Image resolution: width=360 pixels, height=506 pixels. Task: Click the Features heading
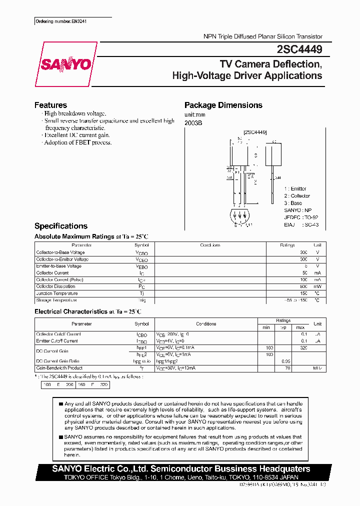pyautogui.click(x=50, y=105)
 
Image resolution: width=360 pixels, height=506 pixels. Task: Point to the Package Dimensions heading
pyautogui.click(x=223, y=105)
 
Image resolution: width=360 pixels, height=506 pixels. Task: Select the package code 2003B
pyautogui.click(x=194, y=122)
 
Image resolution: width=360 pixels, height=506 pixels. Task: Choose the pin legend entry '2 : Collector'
pyautogui.click(x=297, y=196)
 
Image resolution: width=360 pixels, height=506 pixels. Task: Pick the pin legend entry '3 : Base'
pyautogui.click(x=293, y=203)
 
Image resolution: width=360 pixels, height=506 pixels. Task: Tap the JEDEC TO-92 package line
pyautogui.click(x=301, y=217)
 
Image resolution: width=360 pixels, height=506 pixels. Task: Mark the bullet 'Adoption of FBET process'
pyautogui.click(x=78, y=142)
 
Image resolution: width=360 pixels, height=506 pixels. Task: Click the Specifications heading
pyautogui.click(x=61, y=226)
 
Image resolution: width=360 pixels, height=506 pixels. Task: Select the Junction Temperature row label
pyautogui.click(x=57, y=293)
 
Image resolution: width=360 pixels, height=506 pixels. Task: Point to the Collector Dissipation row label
pyautogui.click(x=56, y=286)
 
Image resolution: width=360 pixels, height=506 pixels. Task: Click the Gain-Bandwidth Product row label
pyautogui.click(x=59, y=367)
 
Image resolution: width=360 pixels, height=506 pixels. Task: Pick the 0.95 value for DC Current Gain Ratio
pyautogui.click(x=286, y=360)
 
